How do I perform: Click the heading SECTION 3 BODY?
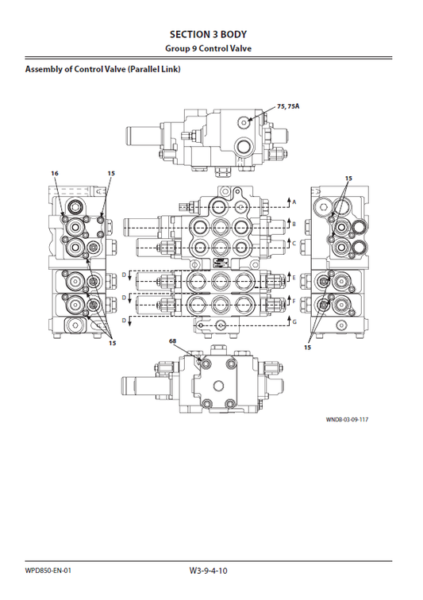pos(208,34)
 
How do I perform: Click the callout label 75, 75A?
pos(288,106)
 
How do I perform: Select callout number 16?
pos(55,173)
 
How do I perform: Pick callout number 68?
pos(173,340)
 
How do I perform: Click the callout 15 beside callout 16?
pos(111,173)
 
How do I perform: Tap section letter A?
pos(294,203)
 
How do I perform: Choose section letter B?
pos(294,225)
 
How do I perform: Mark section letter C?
pos(294,244)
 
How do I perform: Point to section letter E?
pos(294,278)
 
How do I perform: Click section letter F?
pos(294,302)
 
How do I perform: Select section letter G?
pos(294,322)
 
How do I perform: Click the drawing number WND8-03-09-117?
pos(347,420)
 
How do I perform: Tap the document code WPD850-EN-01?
pos(48,570)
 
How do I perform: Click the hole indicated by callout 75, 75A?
pos(248,121)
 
